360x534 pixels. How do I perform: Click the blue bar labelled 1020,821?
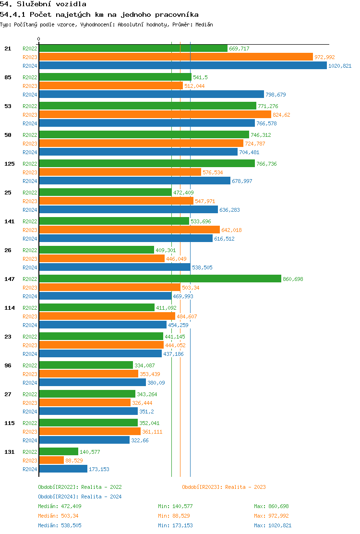pos(182,66)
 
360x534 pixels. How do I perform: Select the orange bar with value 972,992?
pos(176,57)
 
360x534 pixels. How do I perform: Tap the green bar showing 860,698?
pos(160,279)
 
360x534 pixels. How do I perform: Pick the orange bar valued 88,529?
pos(51,461)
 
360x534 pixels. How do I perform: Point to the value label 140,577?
pos(90,452)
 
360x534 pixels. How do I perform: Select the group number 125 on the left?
pos(10,164)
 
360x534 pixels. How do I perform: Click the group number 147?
pos(10,279)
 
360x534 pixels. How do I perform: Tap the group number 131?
pos(10,452)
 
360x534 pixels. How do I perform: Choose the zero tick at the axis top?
pos(39,39)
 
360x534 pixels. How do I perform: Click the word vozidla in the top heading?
pos(71,4)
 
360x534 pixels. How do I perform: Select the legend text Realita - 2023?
pos(245,487)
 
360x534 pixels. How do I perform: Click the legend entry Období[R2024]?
pos(59,497)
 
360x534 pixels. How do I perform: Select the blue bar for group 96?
pos(92,383)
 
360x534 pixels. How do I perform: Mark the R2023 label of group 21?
pos(30,57)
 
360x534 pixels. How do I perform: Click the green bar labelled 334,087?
pos(86,365)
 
